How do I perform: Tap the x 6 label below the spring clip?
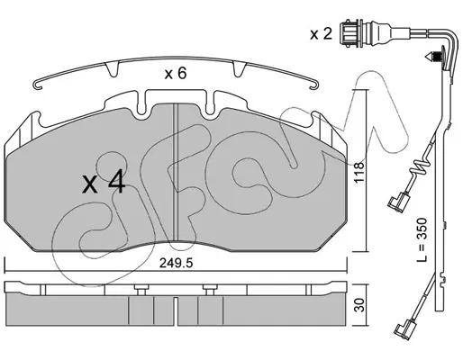tap(176, 73)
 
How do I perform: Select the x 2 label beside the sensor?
tap(321, 34)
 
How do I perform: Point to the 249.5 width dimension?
tap(176, 263)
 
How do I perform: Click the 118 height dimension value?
tap(359, 172)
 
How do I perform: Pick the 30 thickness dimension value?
tap(359, 305)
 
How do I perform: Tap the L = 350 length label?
tap(422, 240)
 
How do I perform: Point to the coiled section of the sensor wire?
tap(419, 170)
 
